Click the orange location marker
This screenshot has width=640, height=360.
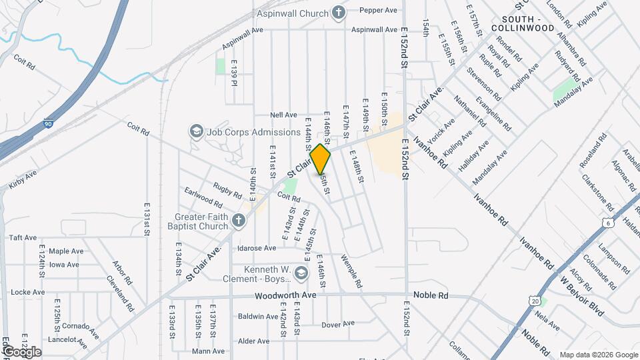pyautogui.click(x=321, y=159)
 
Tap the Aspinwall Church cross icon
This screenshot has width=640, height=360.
pyautogui.click(x=339, y=13)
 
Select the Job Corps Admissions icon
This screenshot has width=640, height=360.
pyautogui.click(x=197, y=132)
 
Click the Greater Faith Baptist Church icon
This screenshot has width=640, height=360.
pyautogui.click(x=239, y=219)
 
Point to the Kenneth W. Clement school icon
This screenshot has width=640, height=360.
pyautogui.click(x=301, y=273)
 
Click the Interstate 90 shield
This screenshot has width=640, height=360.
pyautogui.click(x=47, y=124)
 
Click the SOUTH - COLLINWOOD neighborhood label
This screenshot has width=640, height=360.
pyautogui.click(x=523, y=23)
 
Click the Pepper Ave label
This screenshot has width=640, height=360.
pyautogui.click(x=379, y=10)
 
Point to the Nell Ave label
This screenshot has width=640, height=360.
pyautogui.click(x=283, y=115)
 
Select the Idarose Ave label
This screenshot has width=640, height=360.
pyautogui.click(x=257, y=248)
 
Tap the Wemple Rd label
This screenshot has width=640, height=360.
pyautogui.click(x=351, y=271)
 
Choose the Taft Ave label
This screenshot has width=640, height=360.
pyautogui.click(x=23, y=237)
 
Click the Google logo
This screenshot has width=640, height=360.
pyautogui.click(x=21, y=352)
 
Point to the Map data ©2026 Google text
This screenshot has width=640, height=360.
pyautogui.click(x=597, y=355)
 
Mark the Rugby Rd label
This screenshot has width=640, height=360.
pyautogui.click(x=227, y=190)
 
